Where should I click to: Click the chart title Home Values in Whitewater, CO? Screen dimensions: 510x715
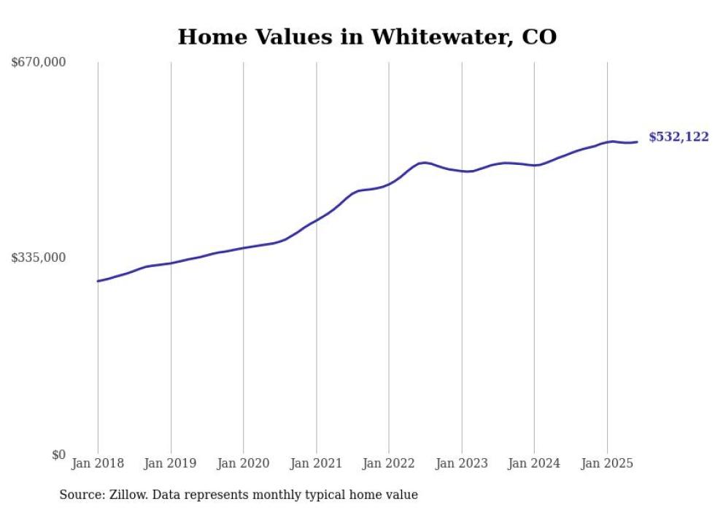[367, 36]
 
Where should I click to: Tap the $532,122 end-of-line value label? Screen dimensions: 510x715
[678, 137]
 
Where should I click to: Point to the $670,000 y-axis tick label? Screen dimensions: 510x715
[39, 63]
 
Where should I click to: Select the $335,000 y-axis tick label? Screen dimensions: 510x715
[39, 258]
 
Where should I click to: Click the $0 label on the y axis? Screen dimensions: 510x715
[58, 455]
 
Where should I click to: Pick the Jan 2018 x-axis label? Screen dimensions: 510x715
[98, 463]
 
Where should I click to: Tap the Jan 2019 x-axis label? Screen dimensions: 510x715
[171, 463]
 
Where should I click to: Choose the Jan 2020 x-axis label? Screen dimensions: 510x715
[243, 463]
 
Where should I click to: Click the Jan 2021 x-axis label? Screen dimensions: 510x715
[316, 463]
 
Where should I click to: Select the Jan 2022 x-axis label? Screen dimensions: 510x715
[389, 463]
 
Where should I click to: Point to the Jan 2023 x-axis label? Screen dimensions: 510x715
[461, 463]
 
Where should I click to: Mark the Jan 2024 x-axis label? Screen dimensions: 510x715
[534, 463]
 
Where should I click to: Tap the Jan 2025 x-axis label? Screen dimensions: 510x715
[607, 463]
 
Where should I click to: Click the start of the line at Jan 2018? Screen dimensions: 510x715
[98, 281]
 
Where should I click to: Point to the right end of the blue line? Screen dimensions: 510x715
[638, 142]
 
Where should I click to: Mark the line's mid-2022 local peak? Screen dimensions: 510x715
[424, 162]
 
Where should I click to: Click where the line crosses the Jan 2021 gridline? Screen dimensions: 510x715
[316, 220]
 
